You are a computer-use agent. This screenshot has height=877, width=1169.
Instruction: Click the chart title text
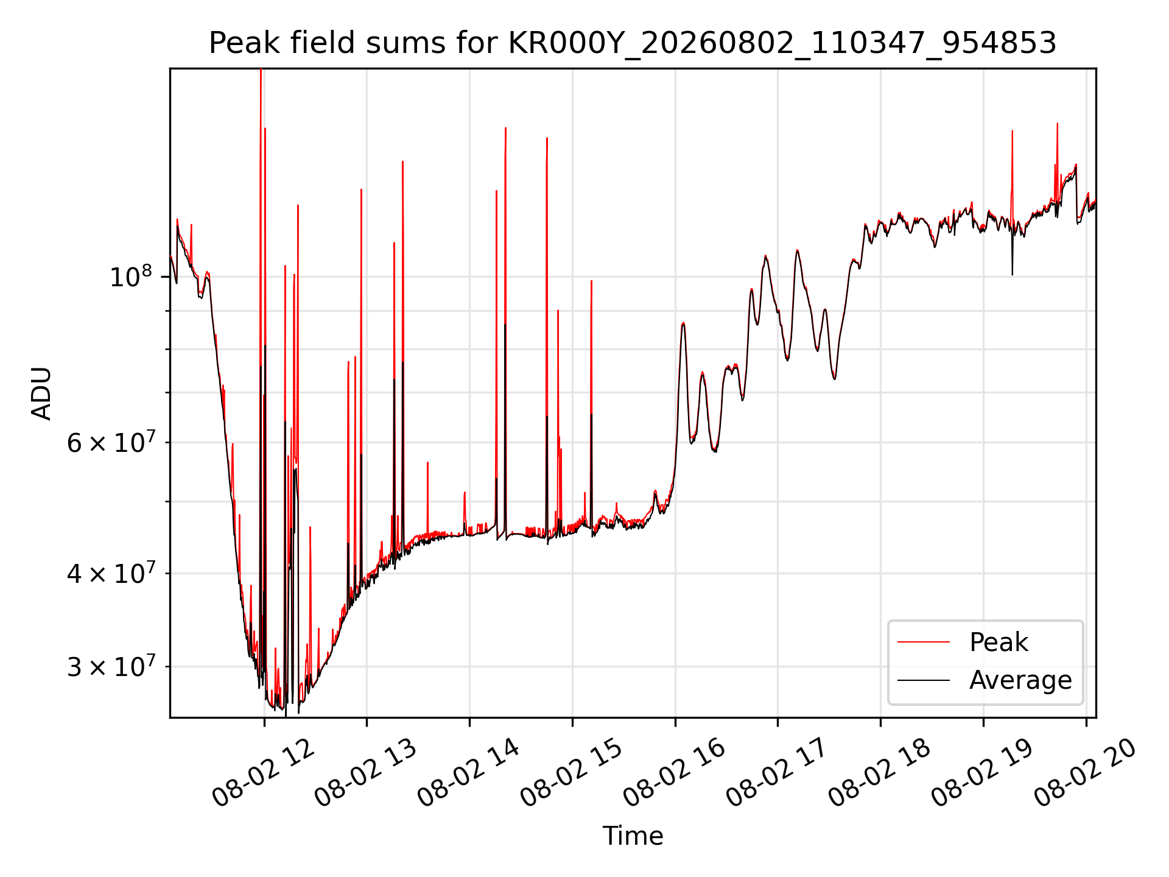633,43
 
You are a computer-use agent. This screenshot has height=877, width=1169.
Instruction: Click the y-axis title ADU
41,393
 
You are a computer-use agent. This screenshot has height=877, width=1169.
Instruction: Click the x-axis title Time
633,836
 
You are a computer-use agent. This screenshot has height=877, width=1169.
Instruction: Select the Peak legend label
999,643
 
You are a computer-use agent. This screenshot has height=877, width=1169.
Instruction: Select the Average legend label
1020,680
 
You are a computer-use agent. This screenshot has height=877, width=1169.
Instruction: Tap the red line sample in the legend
924,642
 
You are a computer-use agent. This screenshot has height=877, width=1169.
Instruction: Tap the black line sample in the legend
924,680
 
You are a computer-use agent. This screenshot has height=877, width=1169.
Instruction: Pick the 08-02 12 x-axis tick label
263,773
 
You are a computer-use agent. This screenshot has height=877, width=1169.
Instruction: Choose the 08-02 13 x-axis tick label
366,773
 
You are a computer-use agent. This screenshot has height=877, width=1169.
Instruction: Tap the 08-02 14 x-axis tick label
468,773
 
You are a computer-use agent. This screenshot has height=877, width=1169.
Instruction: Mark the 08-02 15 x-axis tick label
571,773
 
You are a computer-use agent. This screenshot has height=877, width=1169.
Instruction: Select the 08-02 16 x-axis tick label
674,773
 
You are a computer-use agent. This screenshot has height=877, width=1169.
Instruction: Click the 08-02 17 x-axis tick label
777,773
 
